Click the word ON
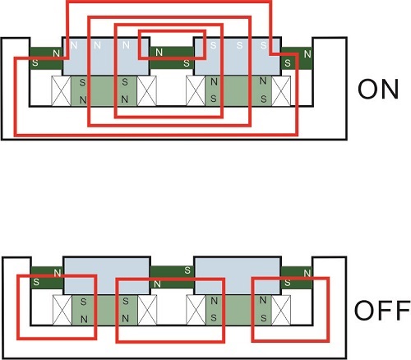point(378,89)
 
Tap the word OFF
point(382,310)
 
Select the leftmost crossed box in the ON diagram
point(61,91)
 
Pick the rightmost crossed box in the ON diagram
point(281,91)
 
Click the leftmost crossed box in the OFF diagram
point(62,310)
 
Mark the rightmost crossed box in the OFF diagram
point(281,310)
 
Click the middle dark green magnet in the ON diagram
point(172,58)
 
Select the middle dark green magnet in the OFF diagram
point(172,277)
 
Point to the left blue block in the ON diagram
point(106,56)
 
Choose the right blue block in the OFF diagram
point(238,275)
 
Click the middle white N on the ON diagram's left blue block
point(97,45)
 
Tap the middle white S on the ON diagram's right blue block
point(239,45)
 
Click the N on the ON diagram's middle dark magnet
point(159,52)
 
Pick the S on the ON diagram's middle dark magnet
point(187,63)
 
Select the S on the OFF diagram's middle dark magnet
point(187,270)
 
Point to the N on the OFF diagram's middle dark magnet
point(157,284)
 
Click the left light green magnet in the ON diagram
point(104,91)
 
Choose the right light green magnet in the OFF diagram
point(238,310)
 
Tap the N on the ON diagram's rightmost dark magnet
point(307,54)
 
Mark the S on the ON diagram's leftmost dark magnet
point(35,63)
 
